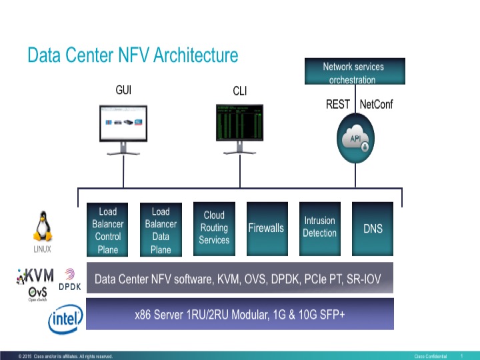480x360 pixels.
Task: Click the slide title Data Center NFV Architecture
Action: (133, 55)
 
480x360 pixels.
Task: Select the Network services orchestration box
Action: (353, 73)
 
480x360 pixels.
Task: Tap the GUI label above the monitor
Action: (123, 90)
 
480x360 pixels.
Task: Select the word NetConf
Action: (377, 105)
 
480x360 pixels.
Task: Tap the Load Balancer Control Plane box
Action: (107, 230)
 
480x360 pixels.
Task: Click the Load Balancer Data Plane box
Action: (161, 230)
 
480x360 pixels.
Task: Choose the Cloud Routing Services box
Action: (214, 228)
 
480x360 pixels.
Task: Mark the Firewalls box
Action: (266, 228)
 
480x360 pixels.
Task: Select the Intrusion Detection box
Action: (319, 227)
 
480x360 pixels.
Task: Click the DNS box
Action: (373, 228)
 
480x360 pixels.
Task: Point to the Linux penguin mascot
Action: (43, 227)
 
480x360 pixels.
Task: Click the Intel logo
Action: (65, 319)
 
